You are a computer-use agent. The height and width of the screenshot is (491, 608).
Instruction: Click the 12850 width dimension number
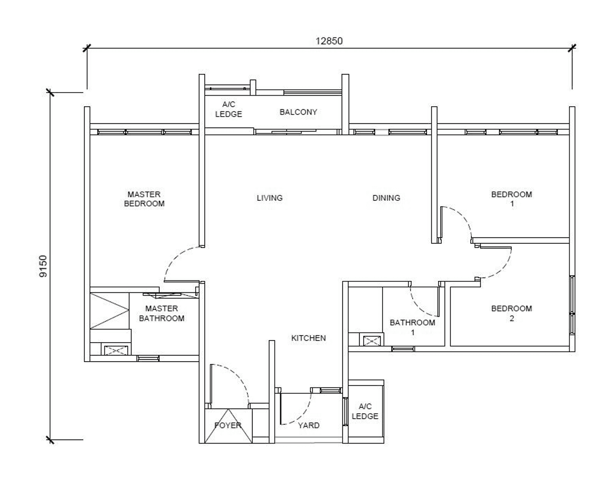pyautogui.click(x=329, y=41)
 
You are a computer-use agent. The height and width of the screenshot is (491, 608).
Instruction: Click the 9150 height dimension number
pyautogui.click(x=43, y=266)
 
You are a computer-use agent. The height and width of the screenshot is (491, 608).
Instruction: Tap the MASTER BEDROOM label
pyautogui.click(x=144, y=199)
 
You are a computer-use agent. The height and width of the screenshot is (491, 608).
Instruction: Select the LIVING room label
pyautogui.click(x=270, y=198)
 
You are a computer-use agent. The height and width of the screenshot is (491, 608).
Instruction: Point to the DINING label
pyautogui.click(x=386, y=198)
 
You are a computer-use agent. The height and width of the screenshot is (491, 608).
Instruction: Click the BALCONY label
pyautogui.click(x=298, y=112)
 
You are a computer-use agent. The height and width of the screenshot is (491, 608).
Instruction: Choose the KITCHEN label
pyautogui.click(x=309, y=338)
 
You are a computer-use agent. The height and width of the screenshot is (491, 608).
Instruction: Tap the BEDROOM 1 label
pyautogui.click(x=511, y=199)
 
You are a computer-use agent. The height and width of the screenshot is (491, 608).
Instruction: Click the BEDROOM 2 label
pyautogui.click(x=511, y=314)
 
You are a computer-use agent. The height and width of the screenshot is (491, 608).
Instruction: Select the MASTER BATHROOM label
pyautogui.click(x=161, y=314)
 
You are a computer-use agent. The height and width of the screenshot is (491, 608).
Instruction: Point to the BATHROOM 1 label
pyautogui.click(x=412, y=327)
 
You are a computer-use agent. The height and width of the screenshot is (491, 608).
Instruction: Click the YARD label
pyautogui.click(x=309, y=426)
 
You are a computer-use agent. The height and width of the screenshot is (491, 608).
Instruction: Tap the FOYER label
pyautogui.click(x=228, y=426)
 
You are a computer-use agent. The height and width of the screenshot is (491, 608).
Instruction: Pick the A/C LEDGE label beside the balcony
pyautogui.click(x=229, y=109)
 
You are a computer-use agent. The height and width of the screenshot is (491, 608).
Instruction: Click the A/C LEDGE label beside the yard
pyautogui.click(x=365, y=411)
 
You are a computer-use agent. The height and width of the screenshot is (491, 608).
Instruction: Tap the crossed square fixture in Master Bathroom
pyautogui.click(x=115, y=350)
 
